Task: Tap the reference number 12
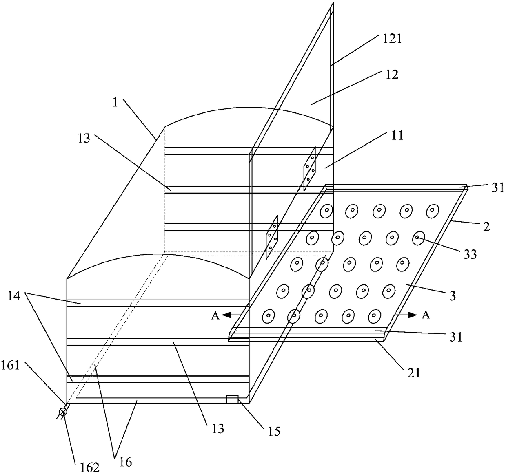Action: (x=391, y=75)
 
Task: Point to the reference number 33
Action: (x=470, y=254)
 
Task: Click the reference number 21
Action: (x=413, y=373)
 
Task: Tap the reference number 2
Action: (x=486, y=227)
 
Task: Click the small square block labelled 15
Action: (x=232, y=399)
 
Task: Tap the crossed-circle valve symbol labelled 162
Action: (x=63, y=412)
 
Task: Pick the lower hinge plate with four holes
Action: (x=272, y=237)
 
